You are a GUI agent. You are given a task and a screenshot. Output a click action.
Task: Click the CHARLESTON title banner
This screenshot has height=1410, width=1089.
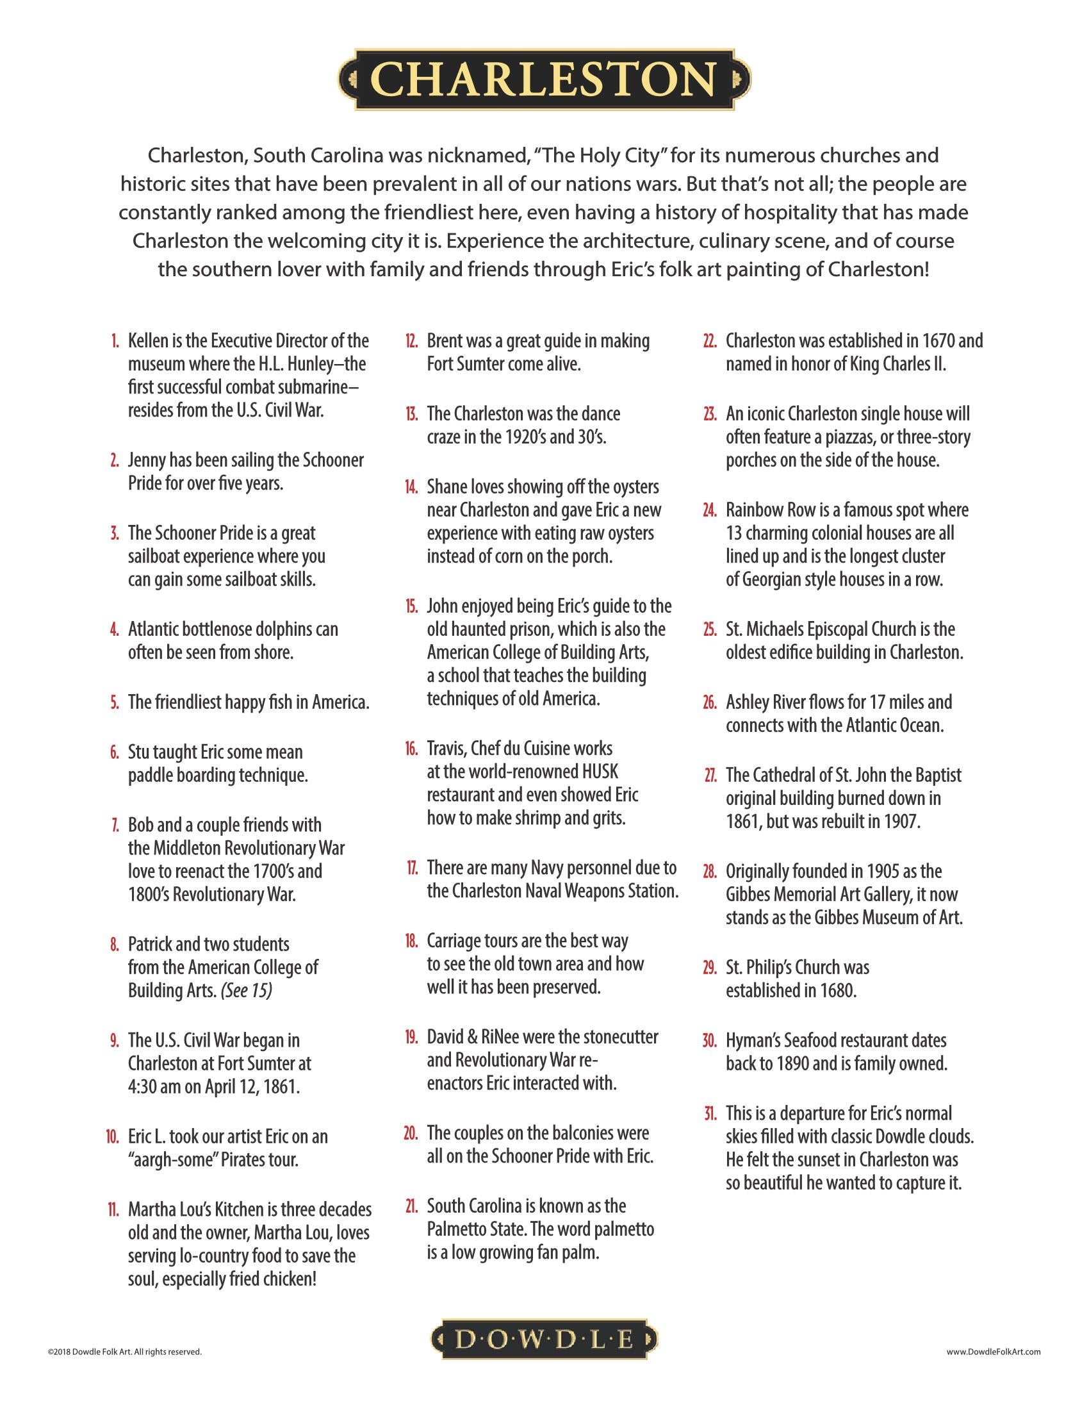pyautogui.click(x=544, y=79)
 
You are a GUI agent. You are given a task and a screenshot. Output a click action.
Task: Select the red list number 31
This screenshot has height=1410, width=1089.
pyautogui.click(x=710, y=1113)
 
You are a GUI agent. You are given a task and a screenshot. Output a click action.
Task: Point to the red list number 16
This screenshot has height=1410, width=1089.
pyautogui.click(x=411, y=749)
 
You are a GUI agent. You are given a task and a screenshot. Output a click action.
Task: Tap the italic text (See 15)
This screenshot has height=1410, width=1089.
pyautogui.click(x=246, y=990)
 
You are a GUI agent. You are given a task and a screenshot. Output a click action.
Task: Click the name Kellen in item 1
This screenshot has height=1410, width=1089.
pyautogui.click(x=148, y=341)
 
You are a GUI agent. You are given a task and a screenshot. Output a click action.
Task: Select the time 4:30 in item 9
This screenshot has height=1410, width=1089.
pyautogui.click(x=142, y=1086)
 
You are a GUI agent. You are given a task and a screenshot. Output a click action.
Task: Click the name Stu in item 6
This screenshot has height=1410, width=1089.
pyautogui.click(x=140, y=752)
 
